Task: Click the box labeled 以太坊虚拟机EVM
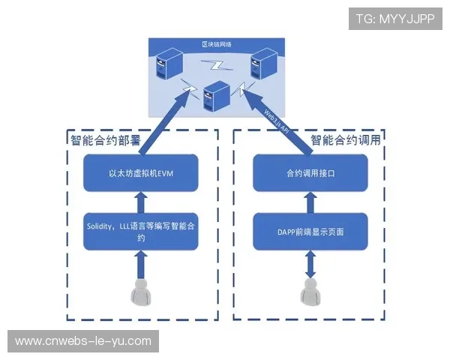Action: (x=140, y=173)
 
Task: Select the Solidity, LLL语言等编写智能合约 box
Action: (x=140, y=232)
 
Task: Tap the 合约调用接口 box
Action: (x=310, y=173)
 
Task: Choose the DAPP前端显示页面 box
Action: (x=310, y=232)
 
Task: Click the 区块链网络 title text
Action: (x=217, y=45)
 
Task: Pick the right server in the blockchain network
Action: (x=263, y=61)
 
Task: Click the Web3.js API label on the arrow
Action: (x=273, y=120)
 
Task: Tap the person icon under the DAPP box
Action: (x=310, y=291)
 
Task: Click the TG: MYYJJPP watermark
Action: (x=394, y=19)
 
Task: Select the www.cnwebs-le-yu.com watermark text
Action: (x=83, y=341)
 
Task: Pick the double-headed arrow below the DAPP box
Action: (x=310, y=262)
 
